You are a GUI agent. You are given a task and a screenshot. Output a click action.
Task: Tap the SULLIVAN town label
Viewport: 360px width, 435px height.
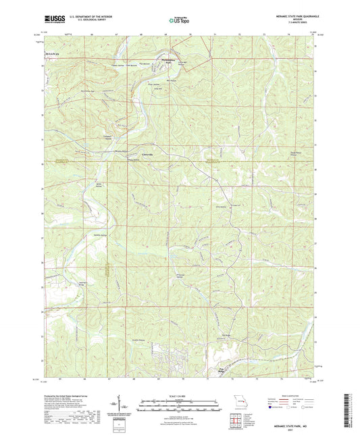click(x=52, y=52)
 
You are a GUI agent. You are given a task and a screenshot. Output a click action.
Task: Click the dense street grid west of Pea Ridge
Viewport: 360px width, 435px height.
click(x=169, y=354)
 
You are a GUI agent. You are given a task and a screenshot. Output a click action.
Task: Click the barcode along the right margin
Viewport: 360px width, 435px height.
click(x=349, y=409)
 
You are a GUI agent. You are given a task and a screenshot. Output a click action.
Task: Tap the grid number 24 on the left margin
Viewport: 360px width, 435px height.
click(x=42, y=312)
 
